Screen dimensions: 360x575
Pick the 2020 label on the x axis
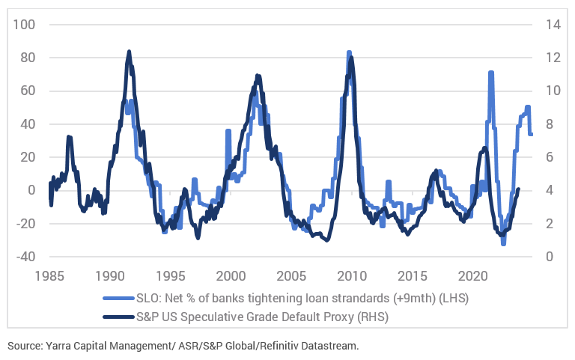pyautogui.click(x=474, y=274)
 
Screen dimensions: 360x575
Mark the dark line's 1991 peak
pyautogui.click(x=129, y=52)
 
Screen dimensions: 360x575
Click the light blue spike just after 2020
pyautogui.click(x=490, y=72)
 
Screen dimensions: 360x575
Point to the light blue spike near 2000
pyautogui.click(x=228, y=130)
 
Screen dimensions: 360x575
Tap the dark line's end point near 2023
pyautogui.click(x=518, y=189)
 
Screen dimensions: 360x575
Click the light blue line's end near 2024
pyautogui.click(x=532, y=134)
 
